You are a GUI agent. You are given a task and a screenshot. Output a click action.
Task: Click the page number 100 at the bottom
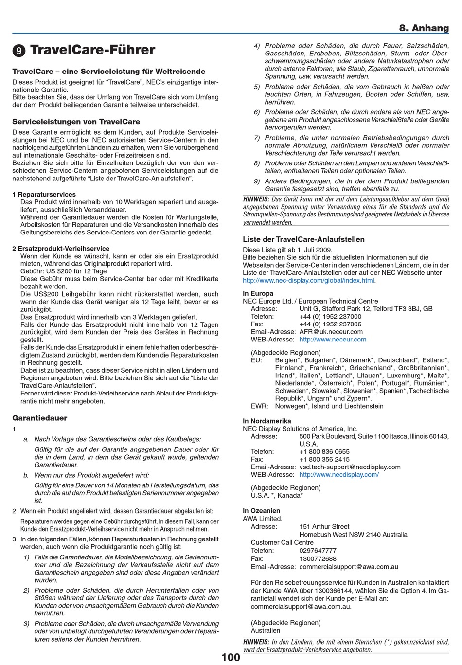pyautogui.click(x=231, y=658)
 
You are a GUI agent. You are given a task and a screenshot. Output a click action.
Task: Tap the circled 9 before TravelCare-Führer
pyautogui.click(x=18, y=51)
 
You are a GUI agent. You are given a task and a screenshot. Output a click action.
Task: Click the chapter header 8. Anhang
pyautogui.click(x=424, y=28)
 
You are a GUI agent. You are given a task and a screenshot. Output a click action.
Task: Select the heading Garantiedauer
pyautogui.click(x=39, y=418)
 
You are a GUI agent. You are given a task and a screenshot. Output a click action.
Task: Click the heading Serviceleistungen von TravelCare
pyautogui.click(x=76, y=122)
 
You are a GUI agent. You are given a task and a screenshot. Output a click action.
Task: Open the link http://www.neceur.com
pyautogui.click(x=333, y=340)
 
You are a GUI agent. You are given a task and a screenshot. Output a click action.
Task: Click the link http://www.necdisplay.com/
pyautogui.click(x=339, y=474)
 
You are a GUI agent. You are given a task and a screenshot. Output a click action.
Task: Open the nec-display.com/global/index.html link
pyautogui.click(x=308, y=280)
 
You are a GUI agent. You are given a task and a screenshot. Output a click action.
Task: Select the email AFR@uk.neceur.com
pyautogui.click(x=331, y=332)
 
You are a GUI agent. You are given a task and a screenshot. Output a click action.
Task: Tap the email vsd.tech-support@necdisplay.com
pyautogui.click(x=350, y=467)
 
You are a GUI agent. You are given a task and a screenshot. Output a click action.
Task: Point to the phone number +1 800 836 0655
pyautogui.click(x=324, y=451)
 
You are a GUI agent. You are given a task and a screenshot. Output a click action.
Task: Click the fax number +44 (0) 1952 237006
pyautogui.click(x=330, y=324)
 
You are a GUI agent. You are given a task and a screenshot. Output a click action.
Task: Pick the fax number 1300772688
pyautogui.click(x=318, y=558)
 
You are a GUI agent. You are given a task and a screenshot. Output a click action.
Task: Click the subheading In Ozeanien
pyautogui.click(x=261, y=510)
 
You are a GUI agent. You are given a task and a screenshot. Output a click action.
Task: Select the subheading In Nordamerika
pyautogui.click(x=267, y=421)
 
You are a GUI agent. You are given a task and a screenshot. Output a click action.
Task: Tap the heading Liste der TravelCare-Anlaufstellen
pyautogui.click(x=303, y=239)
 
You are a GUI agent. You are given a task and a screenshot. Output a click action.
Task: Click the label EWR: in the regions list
pyautogui.click(x=259, y=406)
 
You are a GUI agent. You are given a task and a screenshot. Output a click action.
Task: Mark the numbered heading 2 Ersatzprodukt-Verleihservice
pyautogui.click(x=61, y=248)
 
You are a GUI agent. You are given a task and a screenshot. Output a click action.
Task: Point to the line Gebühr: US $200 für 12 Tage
pyautogui.click(x=63, y=271)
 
